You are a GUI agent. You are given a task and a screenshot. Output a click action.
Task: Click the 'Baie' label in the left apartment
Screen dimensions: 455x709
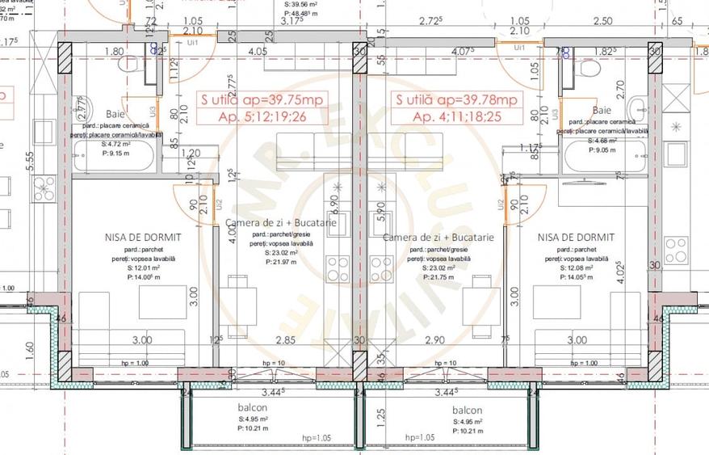point(115,114)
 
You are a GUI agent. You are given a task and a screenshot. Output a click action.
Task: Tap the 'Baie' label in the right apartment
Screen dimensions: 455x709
point(602,110)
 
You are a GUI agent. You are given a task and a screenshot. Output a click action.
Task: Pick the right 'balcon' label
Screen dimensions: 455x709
point(467,411)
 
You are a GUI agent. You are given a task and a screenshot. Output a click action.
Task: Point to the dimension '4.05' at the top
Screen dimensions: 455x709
point(258,51)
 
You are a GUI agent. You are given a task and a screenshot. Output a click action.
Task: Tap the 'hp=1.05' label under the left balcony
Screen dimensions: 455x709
point(317,438)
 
